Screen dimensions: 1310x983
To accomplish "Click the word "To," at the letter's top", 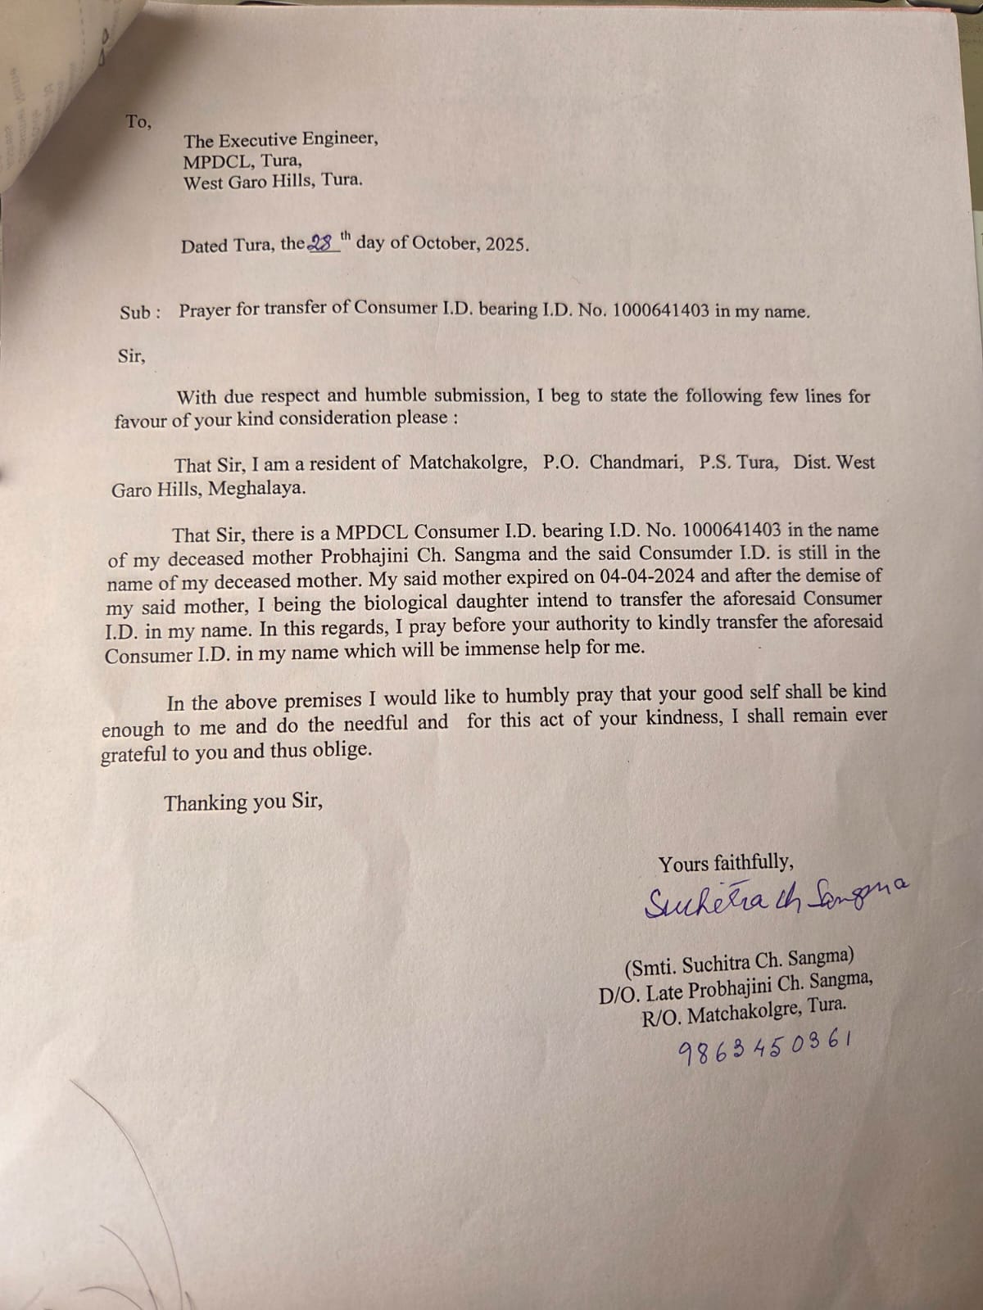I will [x=138, y=123].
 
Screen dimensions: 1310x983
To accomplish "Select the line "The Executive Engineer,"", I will [x=281, y=140].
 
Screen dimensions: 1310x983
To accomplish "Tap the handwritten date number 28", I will [x=323, y=243].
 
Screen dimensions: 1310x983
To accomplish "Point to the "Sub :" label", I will [x=140, y=312].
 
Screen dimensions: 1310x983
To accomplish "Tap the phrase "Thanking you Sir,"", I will [x=243, y=802].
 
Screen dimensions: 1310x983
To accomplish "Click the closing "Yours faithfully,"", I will [x=726, y=863].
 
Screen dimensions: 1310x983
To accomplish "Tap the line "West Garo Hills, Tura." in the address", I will [x=272, y=182].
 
